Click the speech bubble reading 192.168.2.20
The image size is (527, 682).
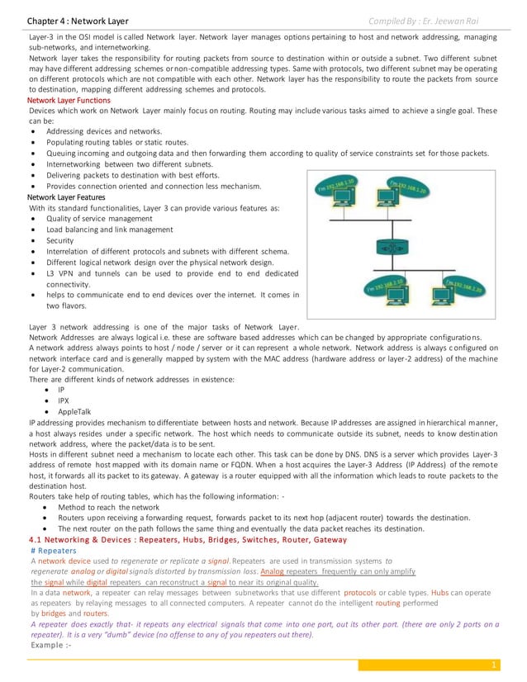pos(463,285)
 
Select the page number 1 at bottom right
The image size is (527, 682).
pos(493,665)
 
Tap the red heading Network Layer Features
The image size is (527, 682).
pos(66,197)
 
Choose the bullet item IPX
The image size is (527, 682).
pos(64,399)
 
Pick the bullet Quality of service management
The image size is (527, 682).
pos(99,219)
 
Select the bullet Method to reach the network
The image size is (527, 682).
pos(108,507)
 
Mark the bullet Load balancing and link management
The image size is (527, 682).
pos(110,230)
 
